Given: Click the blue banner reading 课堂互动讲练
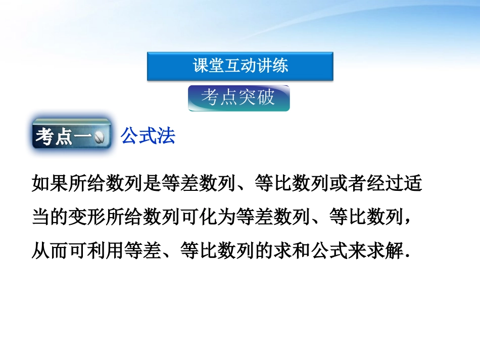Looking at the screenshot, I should pyautogui.click(x=240, y=66).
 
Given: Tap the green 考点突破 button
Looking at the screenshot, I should pyautogui.click(x=239, y=98).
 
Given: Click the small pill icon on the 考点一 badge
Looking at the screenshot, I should pyautogui.click(x=100, y=138).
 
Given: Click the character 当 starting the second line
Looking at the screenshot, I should pyautogui.click(x=40, y=218).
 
